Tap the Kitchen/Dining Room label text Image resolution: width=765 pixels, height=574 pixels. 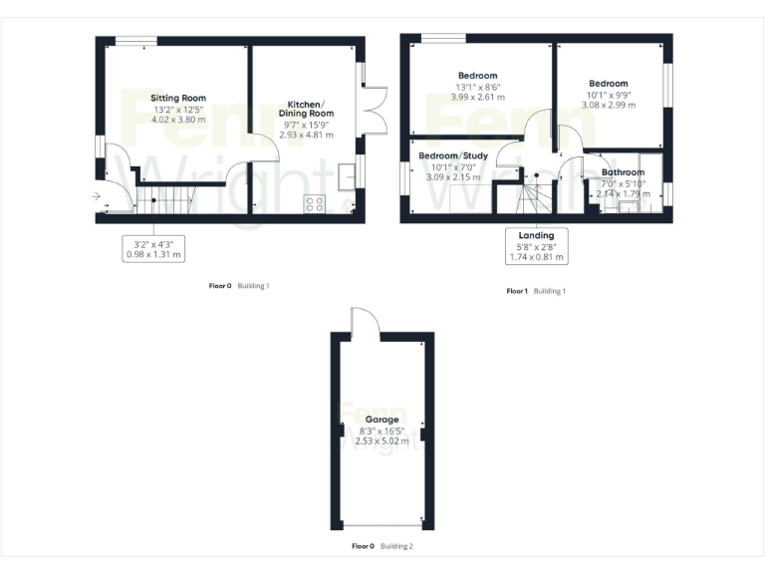tap(310, 109)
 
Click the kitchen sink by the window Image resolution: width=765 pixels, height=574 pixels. tap(347, 173)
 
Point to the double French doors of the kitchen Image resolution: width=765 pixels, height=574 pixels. tap(373, 112)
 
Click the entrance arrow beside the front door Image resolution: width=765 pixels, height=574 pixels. tap(96, 197)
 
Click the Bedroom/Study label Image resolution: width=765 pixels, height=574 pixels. tap(452, 156)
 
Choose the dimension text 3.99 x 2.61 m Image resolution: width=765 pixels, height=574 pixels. tap(477, 98)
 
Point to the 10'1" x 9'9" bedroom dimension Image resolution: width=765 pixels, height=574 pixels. tap(608, 95)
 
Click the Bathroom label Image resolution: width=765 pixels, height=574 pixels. tap(623, 172)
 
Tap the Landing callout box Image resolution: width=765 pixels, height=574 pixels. tap(536, 246)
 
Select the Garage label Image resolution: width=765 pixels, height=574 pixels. tap(382, 420)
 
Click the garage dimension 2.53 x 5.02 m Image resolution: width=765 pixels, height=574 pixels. tap(382, 441)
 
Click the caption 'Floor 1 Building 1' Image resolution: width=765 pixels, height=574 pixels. tap(536, 291)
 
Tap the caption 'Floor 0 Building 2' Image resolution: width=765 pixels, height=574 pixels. tap(382, 546)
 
